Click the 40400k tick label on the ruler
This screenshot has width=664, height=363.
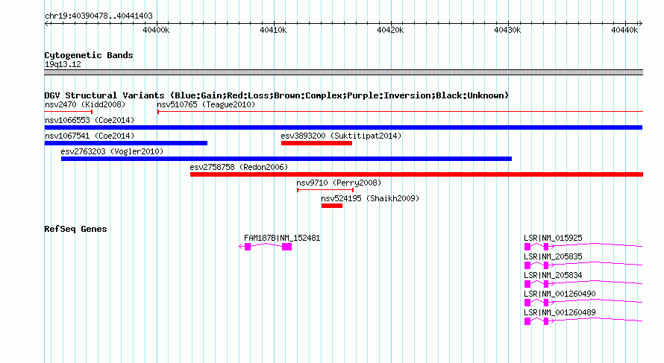tap(156, 30)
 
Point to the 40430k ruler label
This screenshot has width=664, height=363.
tap(507, 30)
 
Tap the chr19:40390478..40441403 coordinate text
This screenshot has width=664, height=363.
tap(98, 16)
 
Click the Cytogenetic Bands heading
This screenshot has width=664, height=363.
tap(89, 55)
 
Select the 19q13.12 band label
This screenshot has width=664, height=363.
tap(63, 64)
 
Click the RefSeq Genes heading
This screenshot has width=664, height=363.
tap(75, 229)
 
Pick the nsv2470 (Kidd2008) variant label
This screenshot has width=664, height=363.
tap(85, 104)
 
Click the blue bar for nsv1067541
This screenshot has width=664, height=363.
tap(126, 143)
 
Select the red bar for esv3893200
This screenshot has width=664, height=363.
tap(316, 143)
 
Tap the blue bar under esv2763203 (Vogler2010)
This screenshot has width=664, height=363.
tap(286, 159)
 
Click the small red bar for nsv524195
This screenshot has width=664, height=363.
tap(332, 206)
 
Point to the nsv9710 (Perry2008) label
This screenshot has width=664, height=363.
tap(339, 183)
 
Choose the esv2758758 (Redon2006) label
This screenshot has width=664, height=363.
tap(239, 167)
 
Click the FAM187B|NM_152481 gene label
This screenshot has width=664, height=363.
tap(282, 239)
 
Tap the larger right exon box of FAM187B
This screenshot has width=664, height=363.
tap(286, 247)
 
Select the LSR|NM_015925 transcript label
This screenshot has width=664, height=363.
tap(553, 239)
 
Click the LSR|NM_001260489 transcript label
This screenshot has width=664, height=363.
tap(560, 312)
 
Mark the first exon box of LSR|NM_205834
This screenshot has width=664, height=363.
tap(527, 284)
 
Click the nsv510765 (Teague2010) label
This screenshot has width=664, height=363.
tap(206, 104)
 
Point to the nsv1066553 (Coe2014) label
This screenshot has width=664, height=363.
tap(90, 120)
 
